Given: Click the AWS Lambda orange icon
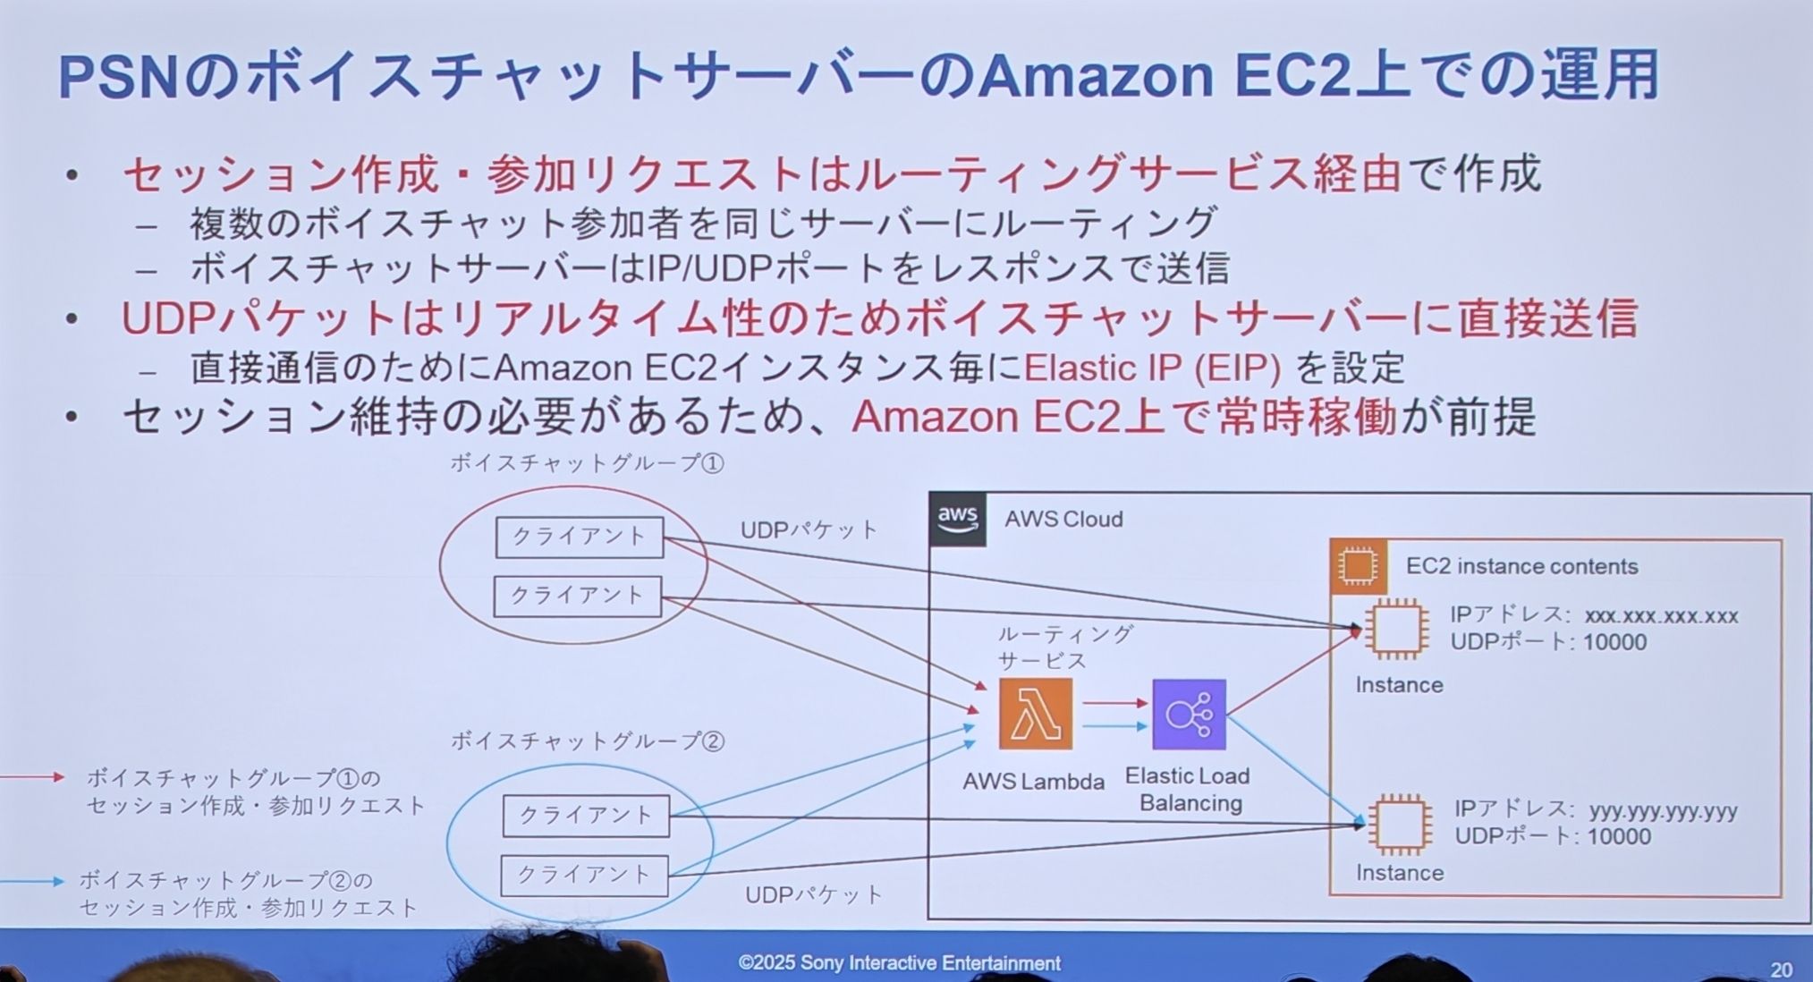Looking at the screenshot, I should point(1035,714).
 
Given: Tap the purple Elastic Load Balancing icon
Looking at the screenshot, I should point(1189,715).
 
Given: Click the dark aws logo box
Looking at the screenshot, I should point(957,519).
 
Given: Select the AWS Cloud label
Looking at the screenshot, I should point(1063,520).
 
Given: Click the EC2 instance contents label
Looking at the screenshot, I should point(1521,566).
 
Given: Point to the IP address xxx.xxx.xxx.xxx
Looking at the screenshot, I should point(1661,616).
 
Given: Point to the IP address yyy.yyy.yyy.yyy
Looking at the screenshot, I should point(1663,811).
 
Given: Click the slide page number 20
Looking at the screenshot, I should point(1781,969).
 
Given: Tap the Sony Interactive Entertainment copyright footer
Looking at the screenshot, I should point(899,963).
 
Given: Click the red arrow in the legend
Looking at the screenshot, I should point(32,777).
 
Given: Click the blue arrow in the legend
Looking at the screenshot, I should point(32,881).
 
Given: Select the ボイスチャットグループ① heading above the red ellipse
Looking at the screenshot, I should point(587,463).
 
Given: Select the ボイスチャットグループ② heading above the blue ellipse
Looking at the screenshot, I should point(587,741).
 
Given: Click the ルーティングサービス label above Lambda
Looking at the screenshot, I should point(1063,648).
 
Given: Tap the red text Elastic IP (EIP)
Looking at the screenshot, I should point(1152,368).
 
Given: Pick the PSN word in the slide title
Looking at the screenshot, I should point(118,77).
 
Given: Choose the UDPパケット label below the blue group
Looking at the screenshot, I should point(814,894).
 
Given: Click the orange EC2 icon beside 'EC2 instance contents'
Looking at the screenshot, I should point(1358,566).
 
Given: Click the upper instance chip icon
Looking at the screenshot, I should point(1396,629).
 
